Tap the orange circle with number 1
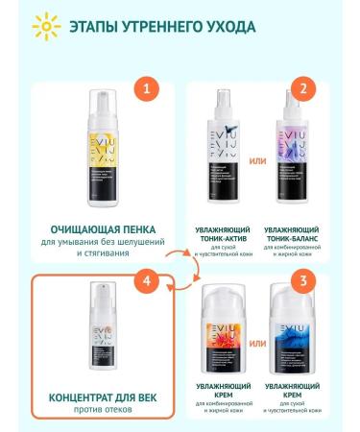point(146,90)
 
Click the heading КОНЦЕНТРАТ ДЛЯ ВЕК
point(103,396)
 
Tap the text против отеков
point(103,411)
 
